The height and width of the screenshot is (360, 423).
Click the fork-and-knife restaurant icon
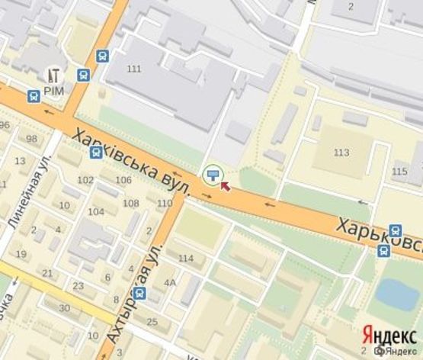pyautogui.click(x=55, y=75)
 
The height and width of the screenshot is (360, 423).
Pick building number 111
pyautogui.click(x=134, y=69)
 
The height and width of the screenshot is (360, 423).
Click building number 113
pyautogui.click(x=341, y=153)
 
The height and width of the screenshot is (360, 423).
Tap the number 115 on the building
pyautogui.click(x=399, y=172)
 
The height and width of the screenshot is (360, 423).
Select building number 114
pyautogui.click(x=185, y=259)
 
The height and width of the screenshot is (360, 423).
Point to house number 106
pyautogui.click(x=123, y=180)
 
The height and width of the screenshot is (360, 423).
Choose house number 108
pyautogui.click(x=131, y=204)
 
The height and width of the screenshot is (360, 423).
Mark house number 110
pyautogui.click(x=165, y=204)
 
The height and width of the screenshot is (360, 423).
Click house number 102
pyautogui.click(x=85, y=181)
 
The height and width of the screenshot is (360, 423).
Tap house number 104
pyautogui.click(x=96, y=212)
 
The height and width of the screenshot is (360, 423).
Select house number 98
pyautogui.click(x=31, y=139)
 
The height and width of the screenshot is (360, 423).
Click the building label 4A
pyautogui.click(x=169, y=283)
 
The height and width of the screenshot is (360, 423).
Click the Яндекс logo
pyautogui.click(x=389, y=334)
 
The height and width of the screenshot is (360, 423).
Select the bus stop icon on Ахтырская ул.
pyautogui.click(x=139, y=292)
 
